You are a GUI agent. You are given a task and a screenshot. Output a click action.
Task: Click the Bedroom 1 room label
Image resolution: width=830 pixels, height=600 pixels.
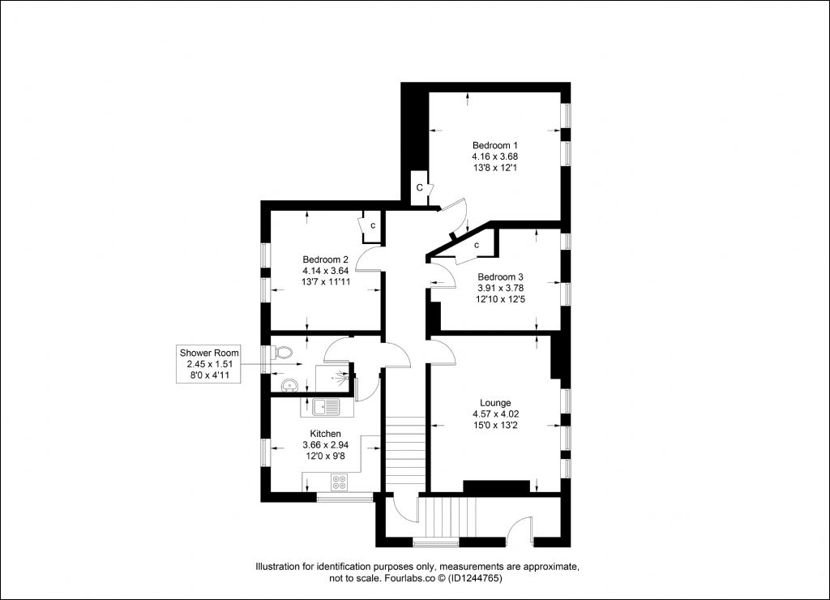495,145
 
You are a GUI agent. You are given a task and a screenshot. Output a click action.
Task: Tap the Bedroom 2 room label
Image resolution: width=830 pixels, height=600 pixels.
325,259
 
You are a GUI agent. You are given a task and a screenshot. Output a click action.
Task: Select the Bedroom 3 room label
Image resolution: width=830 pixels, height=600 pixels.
500,277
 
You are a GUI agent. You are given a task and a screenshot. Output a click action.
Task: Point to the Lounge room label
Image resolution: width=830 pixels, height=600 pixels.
495,403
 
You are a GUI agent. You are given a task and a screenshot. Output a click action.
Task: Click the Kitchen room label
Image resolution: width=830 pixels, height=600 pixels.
325,434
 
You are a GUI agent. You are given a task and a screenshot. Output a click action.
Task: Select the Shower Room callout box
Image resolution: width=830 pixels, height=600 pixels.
209,364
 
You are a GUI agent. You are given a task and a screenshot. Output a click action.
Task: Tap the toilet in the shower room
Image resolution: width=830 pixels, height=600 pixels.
282,353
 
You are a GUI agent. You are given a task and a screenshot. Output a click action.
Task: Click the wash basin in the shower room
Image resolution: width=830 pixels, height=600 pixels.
288,384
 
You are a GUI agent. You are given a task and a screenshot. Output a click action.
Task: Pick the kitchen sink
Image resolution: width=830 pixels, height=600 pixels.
327,407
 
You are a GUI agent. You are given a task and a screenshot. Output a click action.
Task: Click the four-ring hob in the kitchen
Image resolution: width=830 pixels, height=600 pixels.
339,482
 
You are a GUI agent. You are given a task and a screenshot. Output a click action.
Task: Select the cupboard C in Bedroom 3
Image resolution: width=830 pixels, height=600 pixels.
477,245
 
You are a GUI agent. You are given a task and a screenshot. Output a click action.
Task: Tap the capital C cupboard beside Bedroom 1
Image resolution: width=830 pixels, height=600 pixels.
419,187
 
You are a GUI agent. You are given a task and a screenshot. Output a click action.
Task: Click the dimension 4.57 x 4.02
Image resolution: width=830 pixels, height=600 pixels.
495,414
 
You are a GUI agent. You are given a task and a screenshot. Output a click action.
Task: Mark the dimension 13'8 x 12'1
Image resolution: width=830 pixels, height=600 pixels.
495,168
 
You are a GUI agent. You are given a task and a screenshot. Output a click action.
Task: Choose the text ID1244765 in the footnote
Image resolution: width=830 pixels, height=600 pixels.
475,578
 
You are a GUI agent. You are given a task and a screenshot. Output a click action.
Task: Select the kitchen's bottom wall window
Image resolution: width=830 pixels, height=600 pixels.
344,497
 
